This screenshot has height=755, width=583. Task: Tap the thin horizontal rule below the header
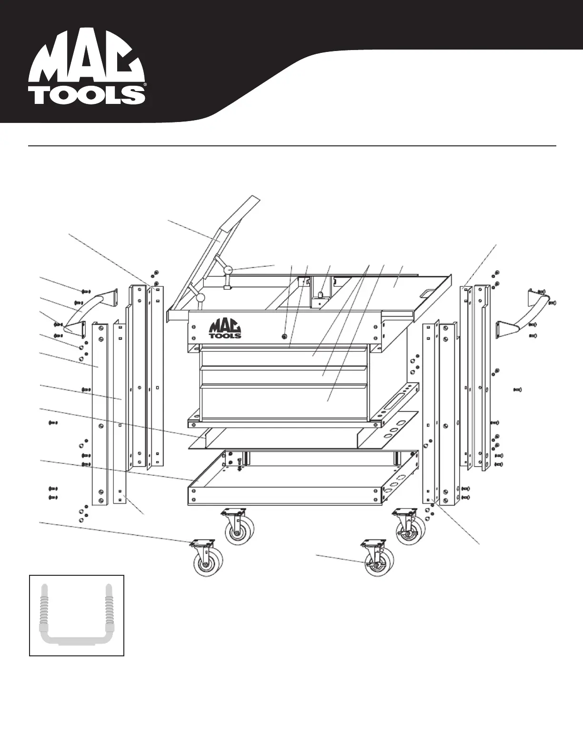(291, 145)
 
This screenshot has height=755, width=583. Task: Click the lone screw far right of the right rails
(517, 389)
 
